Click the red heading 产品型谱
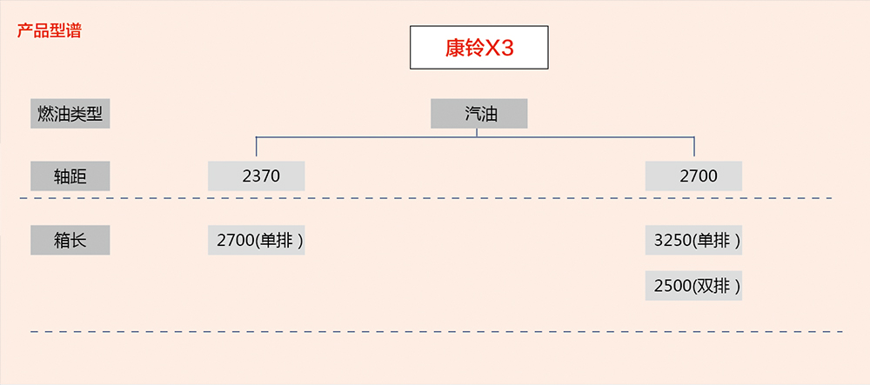tap(50, 31)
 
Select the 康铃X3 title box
tap(478, 48)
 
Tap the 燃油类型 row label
tap(70, 114)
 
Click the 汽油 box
tap(478, 114)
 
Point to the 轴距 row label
tap(70, 176)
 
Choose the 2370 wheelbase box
tap(257, 176)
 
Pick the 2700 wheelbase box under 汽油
tap(693, 176)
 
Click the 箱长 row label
tap(70, 240)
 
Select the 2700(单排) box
tap(257, 240)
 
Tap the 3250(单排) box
tap(693, 240)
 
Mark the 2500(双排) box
tap(693, 285)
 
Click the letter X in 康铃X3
tap(492, 49)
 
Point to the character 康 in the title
tap(455, 49)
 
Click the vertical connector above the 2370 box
tap(257, 148)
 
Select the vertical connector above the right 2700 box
tap(694, 148)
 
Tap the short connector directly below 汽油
tap(478, 132)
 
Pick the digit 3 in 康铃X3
tap(506, 49)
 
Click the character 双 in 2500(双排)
tap(707, 285)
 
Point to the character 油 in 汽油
tap(488, 114)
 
